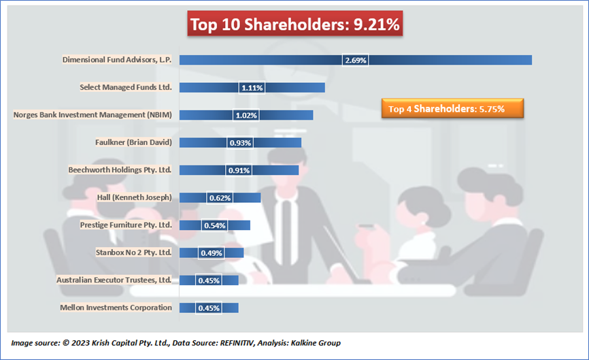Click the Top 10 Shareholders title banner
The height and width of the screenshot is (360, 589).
(295, 24)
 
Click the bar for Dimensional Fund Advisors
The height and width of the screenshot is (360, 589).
(442, 60)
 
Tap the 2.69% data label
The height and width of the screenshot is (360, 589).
(356, 60)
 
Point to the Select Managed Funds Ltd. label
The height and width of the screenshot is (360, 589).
(126, 87)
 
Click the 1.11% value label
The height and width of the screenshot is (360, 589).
(252, 88)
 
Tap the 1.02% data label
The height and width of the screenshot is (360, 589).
(246, 115)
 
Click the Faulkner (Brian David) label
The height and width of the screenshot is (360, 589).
(133, 142)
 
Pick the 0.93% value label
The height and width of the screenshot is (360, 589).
(240, 143)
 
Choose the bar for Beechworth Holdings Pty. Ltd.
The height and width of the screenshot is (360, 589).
(272, 170)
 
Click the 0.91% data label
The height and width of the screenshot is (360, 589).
(239, 170)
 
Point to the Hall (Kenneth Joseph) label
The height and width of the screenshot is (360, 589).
(135, 197)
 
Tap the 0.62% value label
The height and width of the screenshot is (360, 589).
(220, 198)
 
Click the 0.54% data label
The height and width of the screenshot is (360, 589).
(214, 225)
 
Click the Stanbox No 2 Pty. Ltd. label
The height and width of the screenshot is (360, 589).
(135, 252)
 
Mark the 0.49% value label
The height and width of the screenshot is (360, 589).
(211, 253)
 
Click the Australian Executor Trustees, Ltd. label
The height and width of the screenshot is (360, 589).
(114, 280)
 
